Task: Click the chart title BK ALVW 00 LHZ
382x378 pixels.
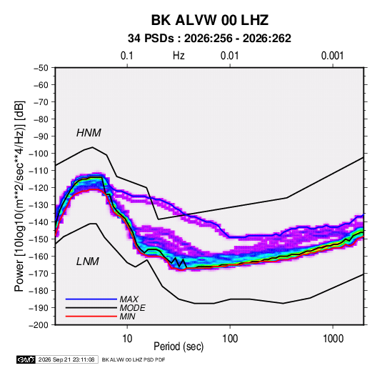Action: click(x=210, y=20)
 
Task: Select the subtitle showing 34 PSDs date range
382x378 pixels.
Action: click(x=209, y=39)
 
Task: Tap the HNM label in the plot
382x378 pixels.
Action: click(x=89, y=133)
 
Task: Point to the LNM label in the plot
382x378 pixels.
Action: click(x=88, y=262)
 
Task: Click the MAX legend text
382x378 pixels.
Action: click(x=129, y=299)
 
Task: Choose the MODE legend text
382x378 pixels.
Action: click(x=133, y=308)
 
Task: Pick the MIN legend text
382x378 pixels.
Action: click(x=128, y=317)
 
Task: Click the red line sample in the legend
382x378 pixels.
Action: click(x=91, y=317)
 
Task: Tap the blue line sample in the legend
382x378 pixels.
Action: click(x=91, y=299)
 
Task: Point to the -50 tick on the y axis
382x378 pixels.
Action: click(x=41, y=68)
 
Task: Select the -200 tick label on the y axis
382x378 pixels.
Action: click(x=39, y=325)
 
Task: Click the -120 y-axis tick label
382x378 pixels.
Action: click(x=39, y=188)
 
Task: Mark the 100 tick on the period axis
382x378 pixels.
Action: click(x=230, y=339)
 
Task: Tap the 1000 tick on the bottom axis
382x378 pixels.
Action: click(x=333, y=339)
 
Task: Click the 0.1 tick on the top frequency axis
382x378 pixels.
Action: click(x=127, y=56)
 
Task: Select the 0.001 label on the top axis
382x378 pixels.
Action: click(x=333, y=56)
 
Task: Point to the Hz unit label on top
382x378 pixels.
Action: click(x=179, y=56)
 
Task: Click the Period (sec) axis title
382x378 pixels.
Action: click(x=179, y=347)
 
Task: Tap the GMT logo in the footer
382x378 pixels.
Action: click(x=26, y=359)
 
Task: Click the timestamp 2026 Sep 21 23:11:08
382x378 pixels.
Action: click(x=66, y=359)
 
